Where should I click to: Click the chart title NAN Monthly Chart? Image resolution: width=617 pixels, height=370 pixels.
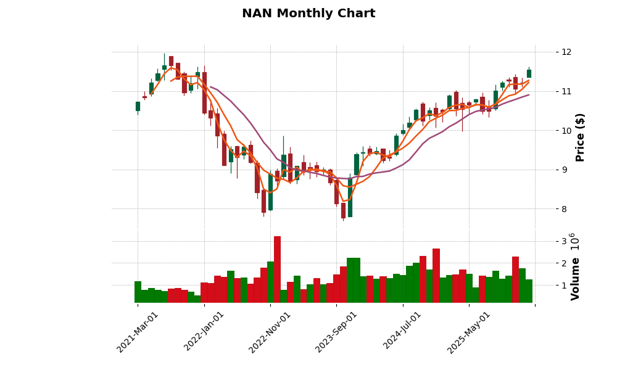coord(308,14)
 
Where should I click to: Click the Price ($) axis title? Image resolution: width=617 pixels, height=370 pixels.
coord(580,137)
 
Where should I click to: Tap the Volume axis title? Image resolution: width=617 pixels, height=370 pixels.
coord(576,279)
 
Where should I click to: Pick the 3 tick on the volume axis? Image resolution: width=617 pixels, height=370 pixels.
coord(547,241)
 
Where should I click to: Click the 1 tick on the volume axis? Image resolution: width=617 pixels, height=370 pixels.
coord(547,286)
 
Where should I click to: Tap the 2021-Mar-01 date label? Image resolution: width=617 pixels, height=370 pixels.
coord(138,332)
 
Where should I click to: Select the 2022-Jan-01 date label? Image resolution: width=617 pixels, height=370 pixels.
coord(204,332)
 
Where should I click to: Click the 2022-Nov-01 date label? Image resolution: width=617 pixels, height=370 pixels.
coord(270,332)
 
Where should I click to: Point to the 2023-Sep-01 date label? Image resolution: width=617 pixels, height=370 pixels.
coord(336,332)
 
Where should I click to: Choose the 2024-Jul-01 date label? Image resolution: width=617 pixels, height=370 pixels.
coord(402,332)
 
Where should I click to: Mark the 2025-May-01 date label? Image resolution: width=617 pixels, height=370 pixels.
coord(469,332)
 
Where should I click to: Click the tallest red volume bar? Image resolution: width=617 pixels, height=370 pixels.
coord(277,269)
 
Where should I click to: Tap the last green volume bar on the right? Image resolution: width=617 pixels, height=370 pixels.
coord(529,291)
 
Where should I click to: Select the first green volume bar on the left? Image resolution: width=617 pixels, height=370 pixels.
coord(138,292)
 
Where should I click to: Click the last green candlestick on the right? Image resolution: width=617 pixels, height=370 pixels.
coord(529,73)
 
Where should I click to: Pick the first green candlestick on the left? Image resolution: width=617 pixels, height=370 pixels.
coord(138,106)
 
